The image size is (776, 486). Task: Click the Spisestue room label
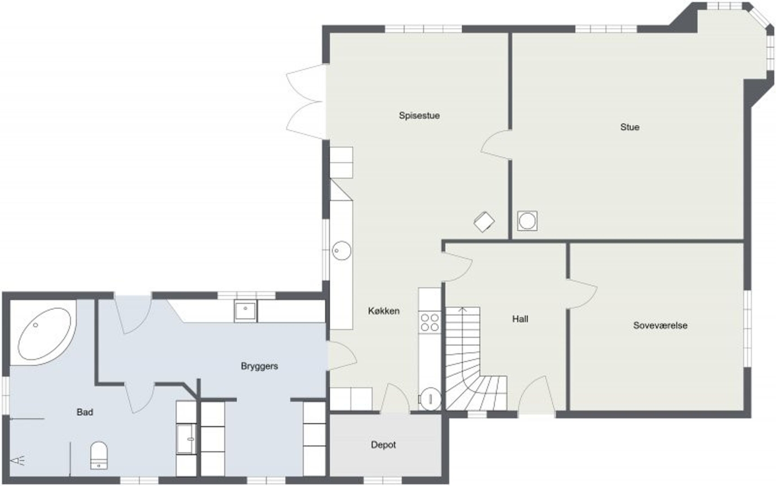click(x=419, y=116)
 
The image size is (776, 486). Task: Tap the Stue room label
click(x=629, y=127)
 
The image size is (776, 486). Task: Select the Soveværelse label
click(x=660, y=325)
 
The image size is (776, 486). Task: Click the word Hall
click(x=520, y=319)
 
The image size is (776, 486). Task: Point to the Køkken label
click(x=384, y=311)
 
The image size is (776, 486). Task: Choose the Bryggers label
click(x=259, y=366)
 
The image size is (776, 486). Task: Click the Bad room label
click(x=85, y=412)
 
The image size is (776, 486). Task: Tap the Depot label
click(x=383, y=445)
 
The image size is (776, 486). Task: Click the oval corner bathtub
click(x=44, y=333)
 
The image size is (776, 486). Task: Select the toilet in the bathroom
click(x=99, y=455)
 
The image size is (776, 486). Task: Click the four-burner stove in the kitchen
click(x=430, y=323)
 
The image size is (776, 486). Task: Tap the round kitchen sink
click(x=342, y=251)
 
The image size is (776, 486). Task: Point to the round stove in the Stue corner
click(x=527, y=221)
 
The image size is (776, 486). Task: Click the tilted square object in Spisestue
click(x=484, y=221)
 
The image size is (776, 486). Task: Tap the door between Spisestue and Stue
click(x=496, y=144)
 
